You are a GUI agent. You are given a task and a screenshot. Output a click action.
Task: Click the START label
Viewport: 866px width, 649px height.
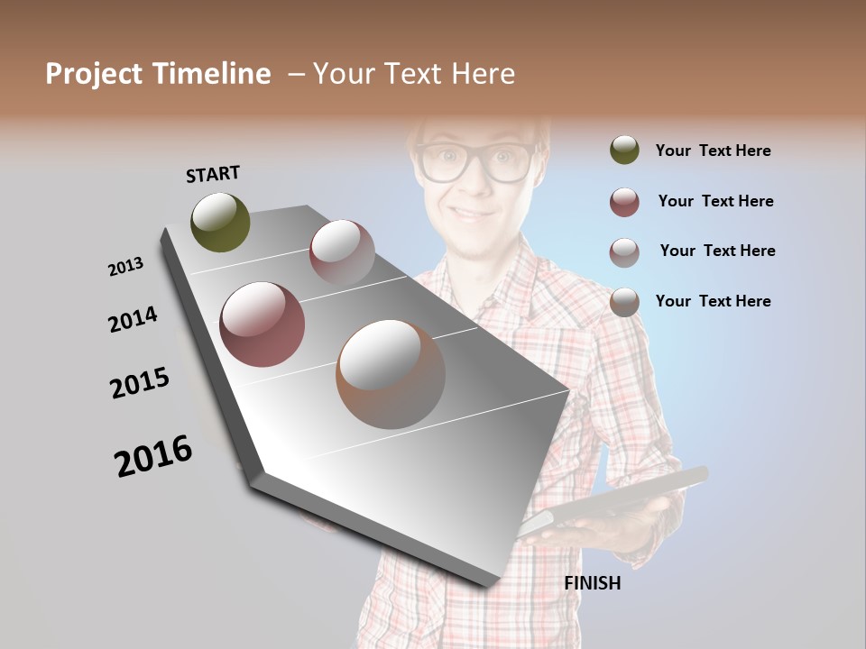click(213, 173)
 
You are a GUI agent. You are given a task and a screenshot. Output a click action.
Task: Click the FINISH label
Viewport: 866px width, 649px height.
click(593, 583)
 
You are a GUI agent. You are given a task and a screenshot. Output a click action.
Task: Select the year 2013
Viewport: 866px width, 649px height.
click(125, 266)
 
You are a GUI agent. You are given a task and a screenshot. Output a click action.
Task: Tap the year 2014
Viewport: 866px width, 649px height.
click(133, 319)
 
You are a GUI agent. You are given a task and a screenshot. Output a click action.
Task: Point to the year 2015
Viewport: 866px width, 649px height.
click(140, 383)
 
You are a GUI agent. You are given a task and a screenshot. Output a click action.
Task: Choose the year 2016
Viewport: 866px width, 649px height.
click(153, 455)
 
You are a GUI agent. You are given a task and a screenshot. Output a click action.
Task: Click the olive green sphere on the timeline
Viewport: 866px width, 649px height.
click(220, 222)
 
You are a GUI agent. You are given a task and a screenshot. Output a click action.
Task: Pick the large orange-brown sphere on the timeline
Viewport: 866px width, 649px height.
click(391, 374)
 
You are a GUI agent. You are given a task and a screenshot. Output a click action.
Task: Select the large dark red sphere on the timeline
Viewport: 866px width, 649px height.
click(263, 324)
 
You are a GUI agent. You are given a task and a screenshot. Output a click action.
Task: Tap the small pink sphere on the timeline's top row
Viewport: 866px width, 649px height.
click(342, 251)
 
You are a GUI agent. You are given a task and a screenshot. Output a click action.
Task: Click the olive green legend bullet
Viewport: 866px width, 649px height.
click(624, 151)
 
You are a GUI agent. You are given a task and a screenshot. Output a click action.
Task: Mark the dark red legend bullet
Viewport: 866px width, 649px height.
click(624, 202)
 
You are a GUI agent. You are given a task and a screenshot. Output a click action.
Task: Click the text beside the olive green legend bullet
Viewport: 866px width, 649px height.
click(713, 151)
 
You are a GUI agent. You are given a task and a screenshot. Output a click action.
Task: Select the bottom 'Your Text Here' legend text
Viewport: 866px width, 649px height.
click(713, 301)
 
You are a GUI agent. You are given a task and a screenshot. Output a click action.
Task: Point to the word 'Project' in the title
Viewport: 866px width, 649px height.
click(94, 74)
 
